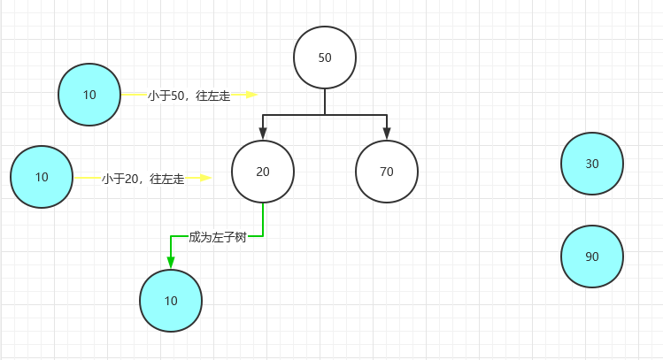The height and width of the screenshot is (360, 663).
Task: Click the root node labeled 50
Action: coord(325,57)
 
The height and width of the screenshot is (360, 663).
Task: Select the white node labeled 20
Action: coord(263,172)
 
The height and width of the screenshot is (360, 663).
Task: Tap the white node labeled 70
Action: coord(387,172)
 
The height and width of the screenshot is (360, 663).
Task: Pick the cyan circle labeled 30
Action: coord(592,164)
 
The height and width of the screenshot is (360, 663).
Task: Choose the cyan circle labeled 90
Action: coord(592,257)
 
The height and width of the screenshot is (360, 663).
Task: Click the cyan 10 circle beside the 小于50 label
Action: coord(89,95)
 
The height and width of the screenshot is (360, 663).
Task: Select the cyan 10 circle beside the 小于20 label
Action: coord(42,177)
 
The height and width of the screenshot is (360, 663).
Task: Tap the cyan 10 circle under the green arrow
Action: coord(171,301)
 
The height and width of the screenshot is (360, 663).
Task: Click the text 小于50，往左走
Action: coord(189,96)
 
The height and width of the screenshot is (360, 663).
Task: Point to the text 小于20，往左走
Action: coord(143,179)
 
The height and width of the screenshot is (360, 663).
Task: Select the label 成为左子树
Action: coord(217,237)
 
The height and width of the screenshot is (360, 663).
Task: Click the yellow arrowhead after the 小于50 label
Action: coord(251,95)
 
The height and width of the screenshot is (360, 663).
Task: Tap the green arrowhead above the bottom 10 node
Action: coord(171,263)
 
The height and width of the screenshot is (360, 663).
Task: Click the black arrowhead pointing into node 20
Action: coord(263,133)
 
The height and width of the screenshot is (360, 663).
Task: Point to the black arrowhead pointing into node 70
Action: coord(387,133)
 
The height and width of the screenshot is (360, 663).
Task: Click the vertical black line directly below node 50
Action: coord(325,102)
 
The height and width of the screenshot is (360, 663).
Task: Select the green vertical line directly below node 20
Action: coord(263,218)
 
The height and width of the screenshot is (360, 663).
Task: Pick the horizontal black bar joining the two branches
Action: coord(325,115)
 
